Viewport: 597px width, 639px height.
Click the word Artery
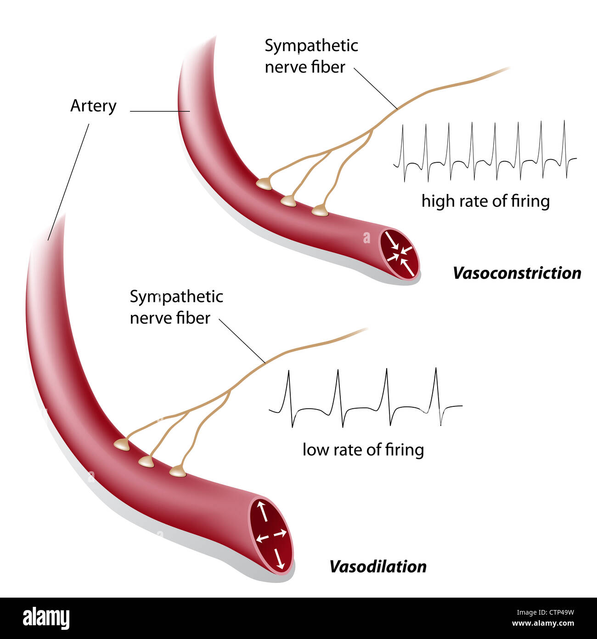pyautogui.click(x=93, y=106)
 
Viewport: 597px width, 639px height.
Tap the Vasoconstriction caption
pyautogui.click(x=517, y=273)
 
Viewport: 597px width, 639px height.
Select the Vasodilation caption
pyautogui.click(x=377, y=566)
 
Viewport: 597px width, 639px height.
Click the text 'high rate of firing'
pyautogui.click(x=485, y=201)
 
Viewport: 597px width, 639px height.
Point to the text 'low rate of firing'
pyautogui.click(x=363, y=450)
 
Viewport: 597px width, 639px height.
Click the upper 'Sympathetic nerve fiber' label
pyautogui.click(x=311, y=56)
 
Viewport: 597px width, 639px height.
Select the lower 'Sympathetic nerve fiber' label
pyautogui.click(x=176, y=307)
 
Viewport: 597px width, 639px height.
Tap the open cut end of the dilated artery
pyautogui.click(x=271, y=536)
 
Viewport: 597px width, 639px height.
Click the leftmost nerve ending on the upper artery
pyautogui.click(x=265, y=184)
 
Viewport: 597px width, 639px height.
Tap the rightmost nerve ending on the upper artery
pyautogui.click(x=320, y=211)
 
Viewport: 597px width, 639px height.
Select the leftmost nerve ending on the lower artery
pyautogui.click(x=122, y=445)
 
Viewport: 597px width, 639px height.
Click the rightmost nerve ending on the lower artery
pyautogui.click(x=178, y=471)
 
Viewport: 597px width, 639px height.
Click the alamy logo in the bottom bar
pyautogui.click(x=46, y=618)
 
